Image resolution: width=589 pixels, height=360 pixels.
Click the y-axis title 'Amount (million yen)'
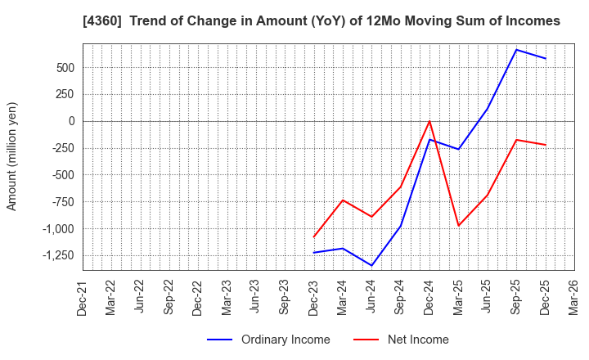12,156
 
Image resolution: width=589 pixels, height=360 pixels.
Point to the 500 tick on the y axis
63,68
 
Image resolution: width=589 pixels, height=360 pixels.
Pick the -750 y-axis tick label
61,201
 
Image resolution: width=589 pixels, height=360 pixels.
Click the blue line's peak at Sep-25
516,50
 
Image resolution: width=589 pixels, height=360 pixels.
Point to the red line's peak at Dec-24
429,121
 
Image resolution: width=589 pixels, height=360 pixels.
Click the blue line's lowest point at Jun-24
371,265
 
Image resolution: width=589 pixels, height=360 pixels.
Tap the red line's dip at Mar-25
458,226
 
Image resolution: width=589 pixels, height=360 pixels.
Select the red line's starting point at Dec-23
313,237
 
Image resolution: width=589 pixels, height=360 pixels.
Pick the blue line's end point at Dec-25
546,59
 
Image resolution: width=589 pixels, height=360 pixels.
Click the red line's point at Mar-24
343,200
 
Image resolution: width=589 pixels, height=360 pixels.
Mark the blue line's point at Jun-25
488,109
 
